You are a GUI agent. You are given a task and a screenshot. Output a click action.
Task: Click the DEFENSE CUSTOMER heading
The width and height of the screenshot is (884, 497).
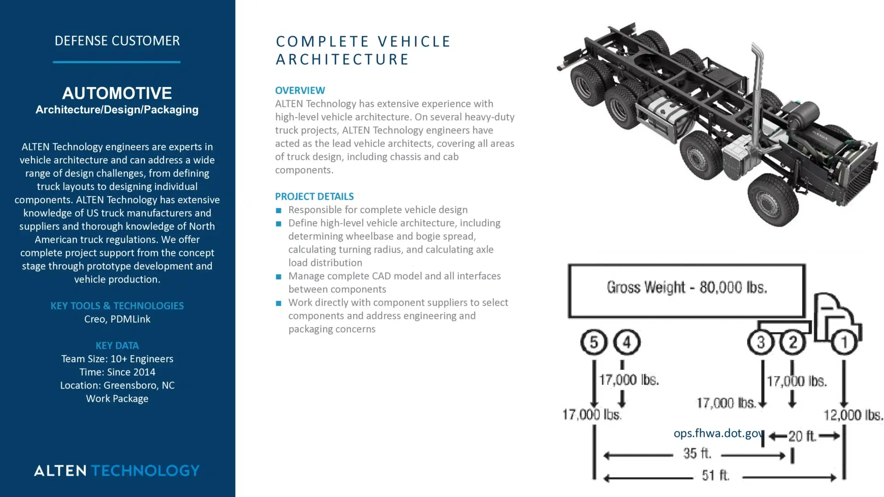click(x=117, y=41)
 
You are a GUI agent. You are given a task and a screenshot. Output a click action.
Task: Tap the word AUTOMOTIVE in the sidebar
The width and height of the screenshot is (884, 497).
click(x=117, y=93)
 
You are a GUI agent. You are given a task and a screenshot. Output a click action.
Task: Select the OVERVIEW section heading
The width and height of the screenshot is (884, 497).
click(x=300, y=91)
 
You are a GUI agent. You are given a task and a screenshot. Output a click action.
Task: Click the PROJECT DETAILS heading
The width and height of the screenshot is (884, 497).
click(x=314, y=196)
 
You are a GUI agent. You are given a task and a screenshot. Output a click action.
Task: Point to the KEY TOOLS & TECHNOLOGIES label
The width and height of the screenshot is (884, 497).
click(x=117, y=306)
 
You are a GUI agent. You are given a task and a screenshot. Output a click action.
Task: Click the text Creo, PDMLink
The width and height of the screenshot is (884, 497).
click(x=117, y=319)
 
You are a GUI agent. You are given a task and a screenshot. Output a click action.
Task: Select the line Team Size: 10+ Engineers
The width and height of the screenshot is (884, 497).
click(x=117, y=359)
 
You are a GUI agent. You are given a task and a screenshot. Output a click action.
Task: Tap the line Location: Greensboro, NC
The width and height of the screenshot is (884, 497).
click(x=117, y=386)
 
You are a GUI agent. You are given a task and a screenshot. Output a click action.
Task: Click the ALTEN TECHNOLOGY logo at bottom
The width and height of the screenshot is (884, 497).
click(x=117, y=470)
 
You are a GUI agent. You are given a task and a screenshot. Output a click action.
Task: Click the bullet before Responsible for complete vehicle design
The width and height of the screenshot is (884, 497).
click(x=279, y=211)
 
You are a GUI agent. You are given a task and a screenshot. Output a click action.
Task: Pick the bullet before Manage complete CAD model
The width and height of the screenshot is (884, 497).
click(x=279, y=277)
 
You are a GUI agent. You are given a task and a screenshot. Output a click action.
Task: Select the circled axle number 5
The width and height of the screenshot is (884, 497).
click(x=593, y=342)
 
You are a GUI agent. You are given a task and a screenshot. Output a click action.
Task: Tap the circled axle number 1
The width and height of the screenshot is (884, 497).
click(x=844, y=342)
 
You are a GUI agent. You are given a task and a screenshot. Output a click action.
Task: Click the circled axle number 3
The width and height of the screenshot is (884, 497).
click(x=761, y=342)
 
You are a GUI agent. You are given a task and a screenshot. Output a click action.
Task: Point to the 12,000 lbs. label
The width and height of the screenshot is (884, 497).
click(x=853, y=416)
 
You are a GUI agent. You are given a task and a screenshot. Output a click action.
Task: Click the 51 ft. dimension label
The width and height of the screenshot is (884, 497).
click(x=715, y=475)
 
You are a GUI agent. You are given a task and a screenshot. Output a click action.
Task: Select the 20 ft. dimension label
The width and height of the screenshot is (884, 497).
click(x=802, y=436)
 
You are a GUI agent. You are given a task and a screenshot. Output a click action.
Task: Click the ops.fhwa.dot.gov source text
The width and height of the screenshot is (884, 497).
click(x=717, y=433)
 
